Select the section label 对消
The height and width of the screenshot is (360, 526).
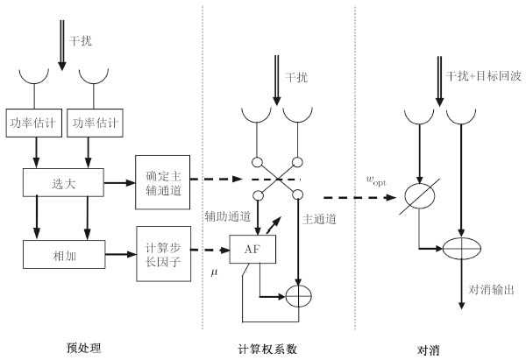pos(429,348)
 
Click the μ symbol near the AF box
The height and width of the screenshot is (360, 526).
pos(214,273)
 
